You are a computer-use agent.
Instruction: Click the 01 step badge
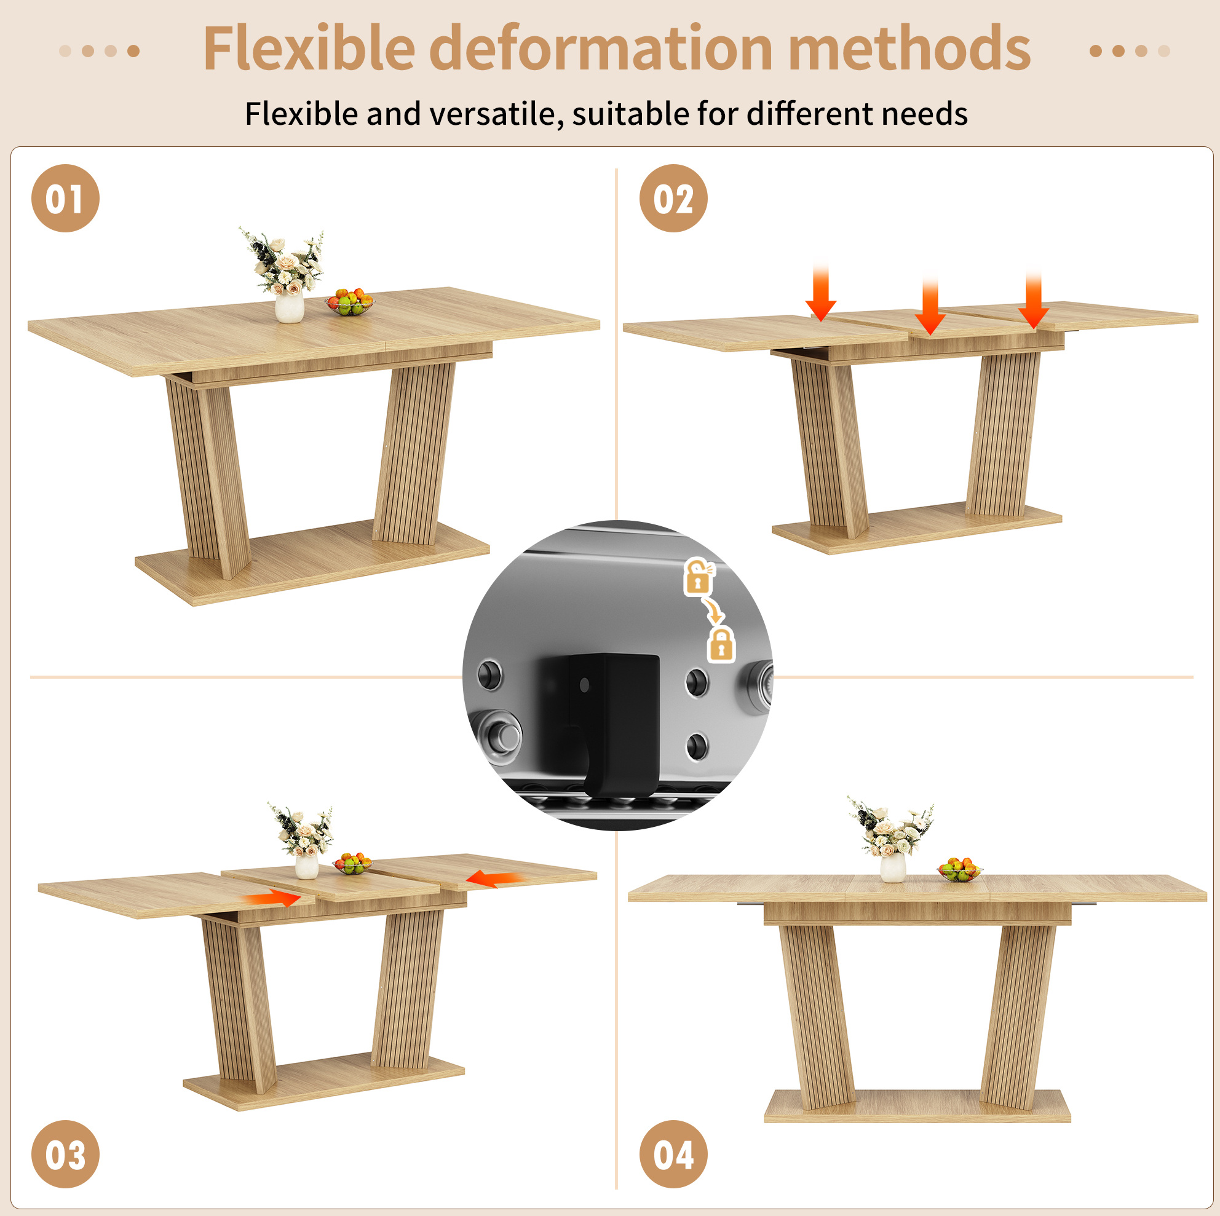click(x=65, y=198)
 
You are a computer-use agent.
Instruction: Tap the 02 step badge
click(x=673, y=198)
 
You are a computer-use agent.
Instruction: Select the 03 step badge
click(x=65, y=1154)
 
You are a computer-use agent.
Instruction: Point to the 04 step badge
click(x=673, y=1154)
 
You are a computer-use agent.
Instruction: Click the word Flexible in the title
click(x=309, y=48)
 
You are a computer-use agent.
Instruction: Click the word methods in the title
click(x=909, y=48)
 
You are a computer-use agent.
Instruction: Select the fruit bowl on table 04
click(x=959, y=869)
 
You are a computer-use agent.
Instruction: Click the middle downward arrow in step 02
click(x=930, y=303)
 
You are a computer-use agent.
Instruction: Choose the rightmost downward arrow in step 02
click(x=1033, y=300)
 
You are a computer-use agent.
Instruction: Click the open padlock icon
click(x=699, y=577)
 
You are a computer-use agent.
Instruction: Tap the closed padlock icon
click(x=722, y=645)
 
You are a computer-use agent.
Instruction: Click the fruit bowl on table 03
click(x=352, y=863)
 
